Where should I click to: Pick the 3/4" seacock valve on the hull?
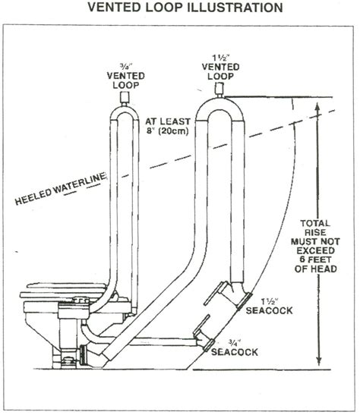click(x=202, y=338)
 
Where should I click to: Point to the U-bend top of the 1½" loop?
click(x=221, y=105)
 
